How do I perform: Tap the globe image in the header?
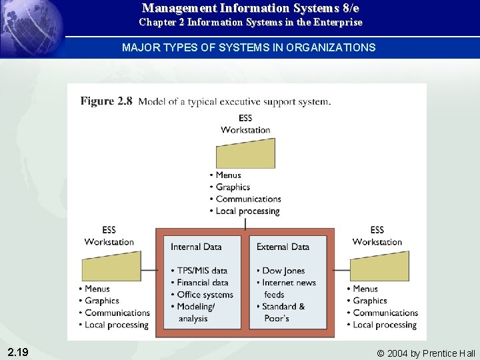32,27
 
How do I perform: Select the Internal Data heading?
196,247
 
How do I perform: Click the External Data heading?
283,247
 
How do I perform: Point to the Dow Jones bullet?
283,271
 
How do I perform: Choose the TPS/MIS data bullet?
202,271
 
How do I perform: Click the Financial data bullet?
203,283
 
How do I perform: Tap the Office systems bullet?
205,295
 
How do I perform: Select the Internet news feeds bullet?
289,288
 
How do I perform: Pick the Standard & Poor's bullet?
284,312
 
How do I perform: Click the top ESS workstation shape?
245,153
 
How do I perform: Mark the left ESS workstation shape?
111,266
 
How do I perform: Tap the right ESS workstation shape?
379,266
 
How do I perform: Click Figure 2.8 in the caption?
107,101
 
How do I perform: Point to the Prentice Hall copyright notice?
426,353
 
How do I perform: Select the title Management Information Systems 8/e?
251,9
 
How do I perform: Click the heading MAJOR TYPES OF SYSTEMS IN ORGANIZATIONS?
249,48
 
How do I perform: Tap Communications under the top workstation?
248,199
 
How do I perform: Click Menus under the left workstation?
97,289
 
